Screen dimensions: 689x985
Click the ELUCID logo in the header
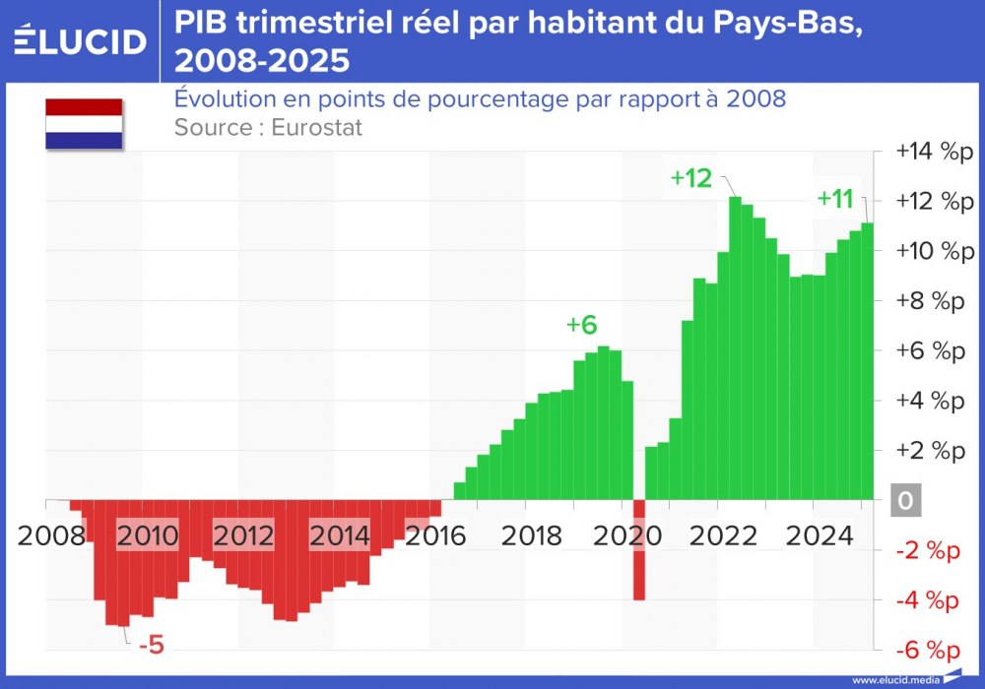tap(80, 41)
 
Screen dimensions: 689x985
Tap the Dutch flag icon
tap(84, 124)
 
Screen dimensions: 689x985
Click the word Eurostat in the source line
tap(316, 128)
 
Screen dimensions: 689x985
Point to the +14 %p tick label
tap(933, 152)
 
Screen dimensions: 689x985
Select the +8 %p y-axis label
tap(929, 301)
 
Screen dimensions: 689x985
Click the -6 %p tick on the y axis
tap(927, 650)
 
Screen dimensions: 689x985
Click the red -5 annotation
tap(151, 647)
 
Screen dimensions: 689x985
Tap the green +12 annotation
tap(690, 178)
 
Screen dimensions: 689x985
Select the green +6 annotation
tap(581, 326)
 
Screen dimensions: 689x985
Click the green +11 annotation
tap(835, 198)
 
